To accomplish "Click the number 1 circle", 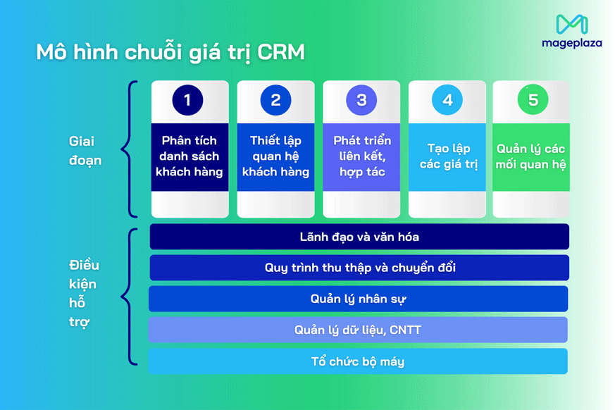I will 187,100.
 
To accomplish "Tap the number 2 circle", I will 275,100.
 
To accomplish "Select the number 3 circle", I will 361,100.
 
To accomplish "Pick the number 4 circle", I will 447,100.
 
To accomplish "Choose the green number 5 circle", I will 533,100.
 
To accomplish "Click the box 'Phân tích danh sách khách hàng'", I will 190,156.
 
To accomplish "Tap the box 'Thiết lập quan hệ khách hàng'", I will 275,156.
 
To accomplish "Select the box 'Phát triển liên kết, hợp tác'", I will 361,156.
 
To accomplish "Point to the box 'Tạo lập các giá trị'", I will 447,156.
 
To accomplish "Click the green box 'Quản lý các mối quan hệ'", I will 530,156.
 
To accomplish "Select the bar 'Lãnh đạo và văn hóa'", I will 359,237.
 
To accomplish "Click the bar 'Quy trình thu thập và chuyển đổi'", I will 359,268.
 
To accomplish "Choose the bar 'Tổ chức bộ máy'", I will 358,361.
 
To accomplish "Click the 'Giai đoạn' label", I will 85,151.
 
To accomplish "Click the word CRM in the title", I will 281,53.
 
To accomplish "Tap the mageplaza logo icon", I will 571,25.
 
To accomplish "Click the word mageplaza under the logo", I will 571,43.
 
